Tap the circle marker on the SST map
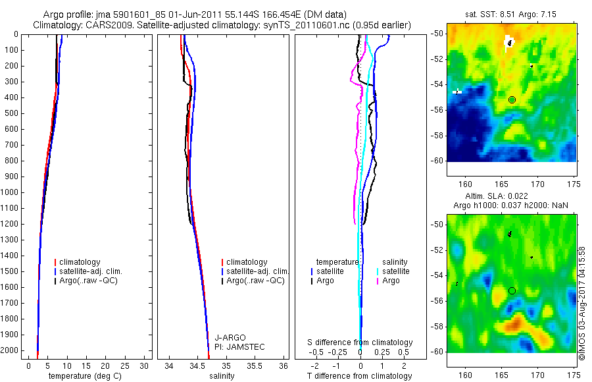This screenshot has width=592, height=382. tap(512, 99)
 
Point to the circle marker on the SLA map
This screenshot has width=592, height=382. tap(512, 290)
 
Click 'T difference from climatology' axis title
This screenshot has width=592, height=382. tap(360, 376)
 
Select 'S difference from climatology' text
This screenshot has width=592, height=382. tap(360, 342)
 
